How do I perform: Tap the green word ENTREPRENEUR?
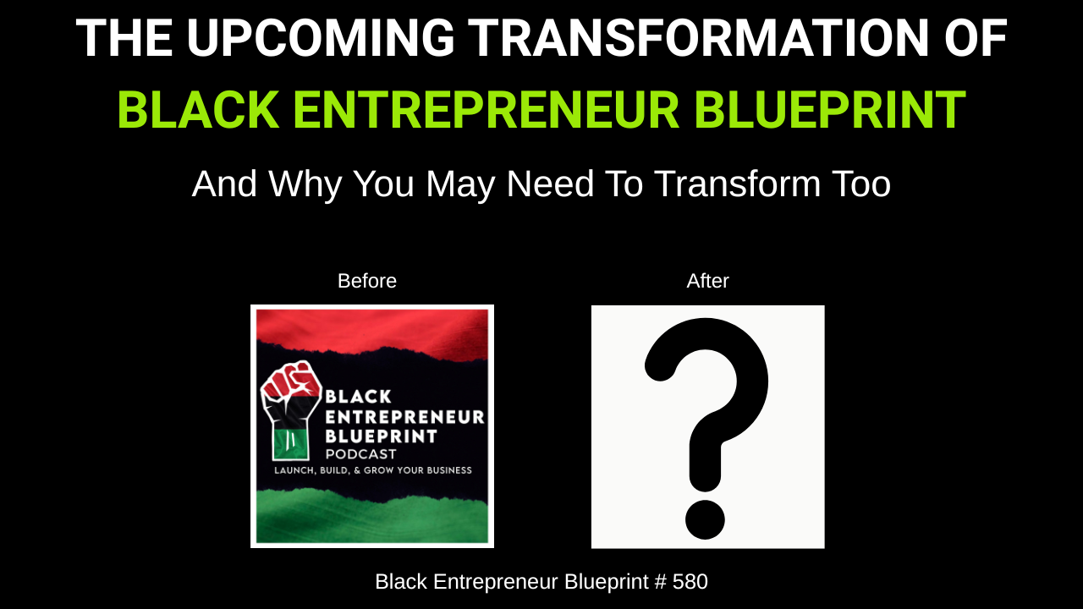487,110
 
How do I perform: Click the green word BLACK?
199,110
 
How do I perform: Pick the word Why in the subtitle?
305,184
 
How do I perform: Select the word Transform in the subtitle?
737,184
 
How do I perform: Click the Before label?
367,281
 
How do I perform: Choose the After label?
707,281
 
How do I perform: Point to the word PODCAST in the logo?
360,454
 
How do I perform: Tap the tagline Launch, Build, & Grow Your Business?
373,470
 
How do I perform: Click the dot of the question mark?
705,519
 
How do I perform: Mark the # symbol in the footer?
661,581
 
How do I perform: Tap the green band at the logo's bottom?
372,517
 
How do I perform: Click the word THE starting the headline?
124,38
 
